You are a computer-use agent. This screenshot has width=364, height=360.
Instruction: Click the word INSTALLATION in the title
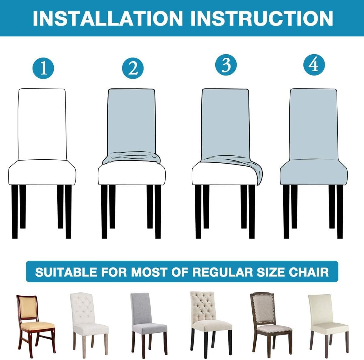coord(108,18)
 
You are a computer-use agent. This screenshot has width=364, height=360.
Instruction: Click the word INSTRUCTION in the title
coord(261,18)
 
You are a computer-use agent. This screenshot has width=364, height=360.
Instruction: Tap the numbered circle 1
coord(43,68)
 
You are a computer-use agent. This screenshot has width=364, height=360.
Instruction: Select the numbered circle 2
coord(133,68)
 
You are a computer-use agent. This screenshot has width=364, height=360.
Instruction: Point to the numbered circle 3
coord(226,65)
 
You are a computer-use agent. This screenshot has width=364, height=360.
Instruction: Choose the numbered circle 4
coord(314,65)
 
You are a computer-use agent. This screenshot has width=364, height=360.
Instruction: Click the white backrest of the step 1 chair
coord(42,124)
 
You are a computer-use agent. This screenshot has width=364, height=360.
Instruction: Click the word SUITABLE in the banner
coord(66,272)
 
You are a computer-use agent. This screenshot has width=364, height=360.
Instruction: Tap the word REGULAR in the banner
coord(223,272)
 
